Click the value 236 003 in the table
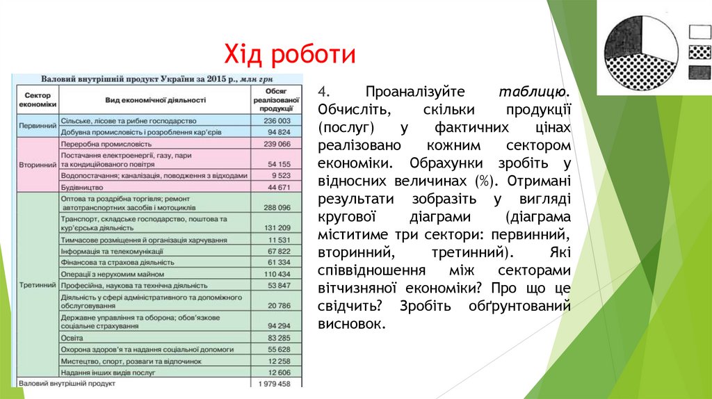click(x=276, y=120)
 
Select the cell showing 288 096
click(x=276, y=207)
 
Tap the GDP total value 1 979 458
click(x=273, y=383)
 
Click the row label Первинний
click(x=36, y=126)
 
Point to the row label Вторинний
click(x=36, y=165)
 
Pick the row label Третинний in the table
click(x=36, y=285)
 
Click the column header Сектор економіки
click(x=36, y=99)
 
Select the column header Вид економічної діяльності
click(x=150, y=100)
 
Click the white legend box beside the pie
click(x=699, y=31)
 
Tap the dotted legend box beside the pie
click(x=699, y=51)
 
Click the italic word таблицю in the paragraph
click(x=534, y=92)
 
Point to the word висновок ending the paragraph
click(x=351, y=323)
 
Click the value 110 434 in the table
click(x=276, y=275)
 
